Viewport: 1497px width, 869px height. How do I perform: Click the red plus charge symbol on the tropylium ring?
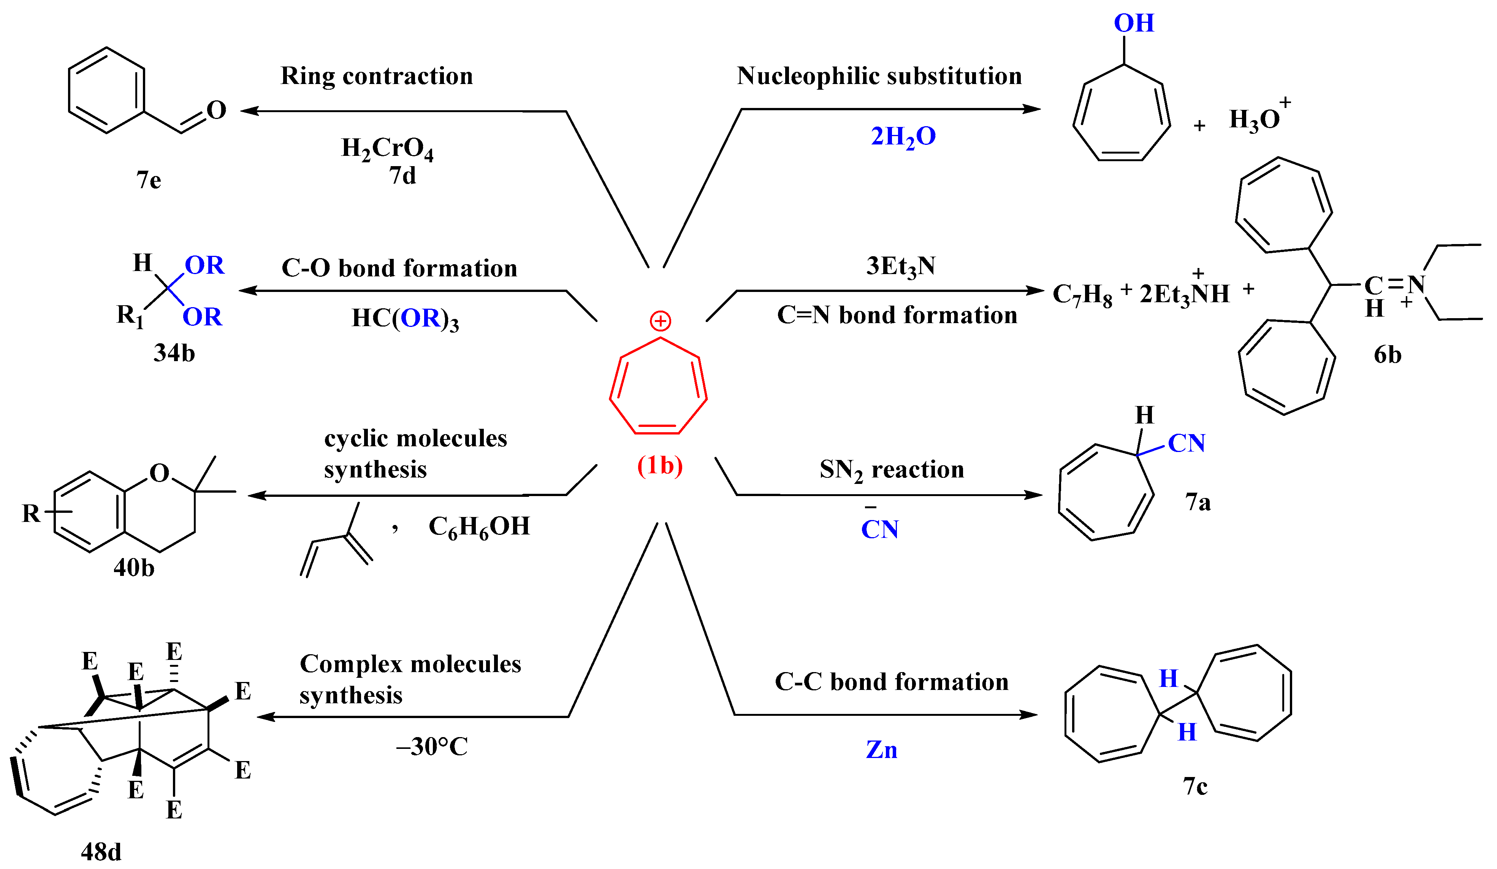[660, 321]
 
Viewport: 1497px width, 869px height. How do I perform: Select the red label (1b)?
[660, 465]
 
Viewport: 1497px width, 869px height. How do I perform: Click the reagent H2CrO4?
[387, 149]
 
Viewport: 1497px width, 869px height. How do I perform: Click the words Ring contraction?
[377, 76]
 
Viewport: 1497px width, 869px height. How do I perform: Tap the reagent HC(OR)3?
[405, 319]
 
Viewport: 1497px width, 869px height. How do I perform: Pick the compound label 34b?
[174, 353]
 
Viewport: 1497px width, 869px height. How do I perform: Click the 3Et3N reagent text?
[901, 266]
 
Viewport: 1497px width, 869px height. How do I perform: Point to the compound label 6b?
[1388, 355]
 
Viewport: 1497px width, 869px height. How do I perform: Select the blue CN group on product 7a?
[1187, 443]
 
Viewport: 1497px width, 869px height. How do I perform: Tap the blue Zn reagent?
[882, 750]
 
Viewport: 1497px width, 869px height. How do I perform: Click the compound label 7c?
[1195, 787]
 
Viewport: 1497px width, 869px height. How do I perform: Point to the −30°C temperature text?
[432, 747]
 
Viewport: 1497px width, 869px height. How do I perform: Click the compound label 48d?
[101, 852]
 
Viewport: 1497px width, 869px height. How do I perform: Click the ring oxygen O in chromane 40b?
[159, 473]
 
